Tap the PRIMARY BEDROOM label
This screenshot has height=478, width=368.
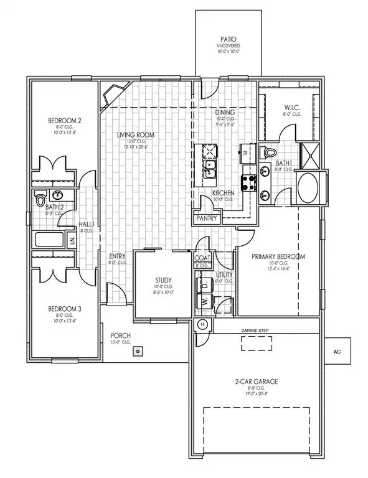[278, 256]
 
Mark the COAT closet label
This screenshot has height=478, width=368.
[202, 258]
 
